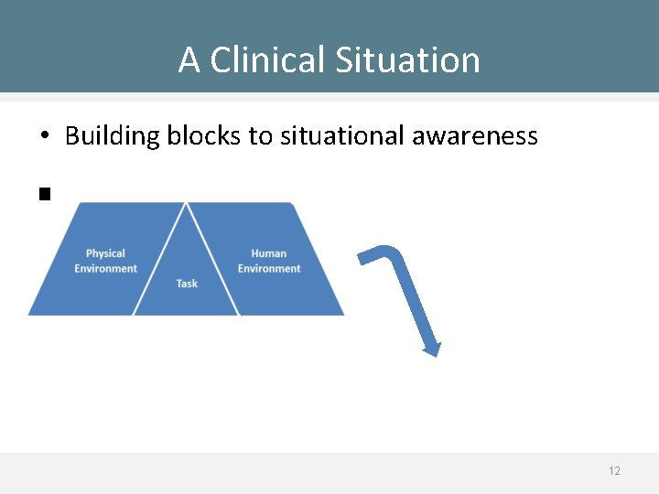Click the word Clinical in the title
coord(267,60)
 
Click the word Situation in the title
coord(407,60)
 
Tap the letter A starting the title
coord(189,60)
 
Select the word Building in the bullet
coord(107,136)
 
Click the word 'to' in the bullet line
coord(260,136)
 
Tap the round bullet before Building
coord(44,137)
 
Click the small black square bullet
coord(43,193)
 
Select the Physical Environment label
coord(105,261)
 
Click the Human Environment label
coord(269,261)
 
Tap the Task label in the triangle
coord(187,284)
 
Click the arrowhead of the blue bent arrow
coord(432,349)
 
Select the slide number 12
coord(614,471)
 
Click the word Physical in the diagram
coord(105,253)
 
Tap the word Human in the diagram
coord(269,253)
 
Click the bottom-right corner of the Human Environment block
coord(342,314)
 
